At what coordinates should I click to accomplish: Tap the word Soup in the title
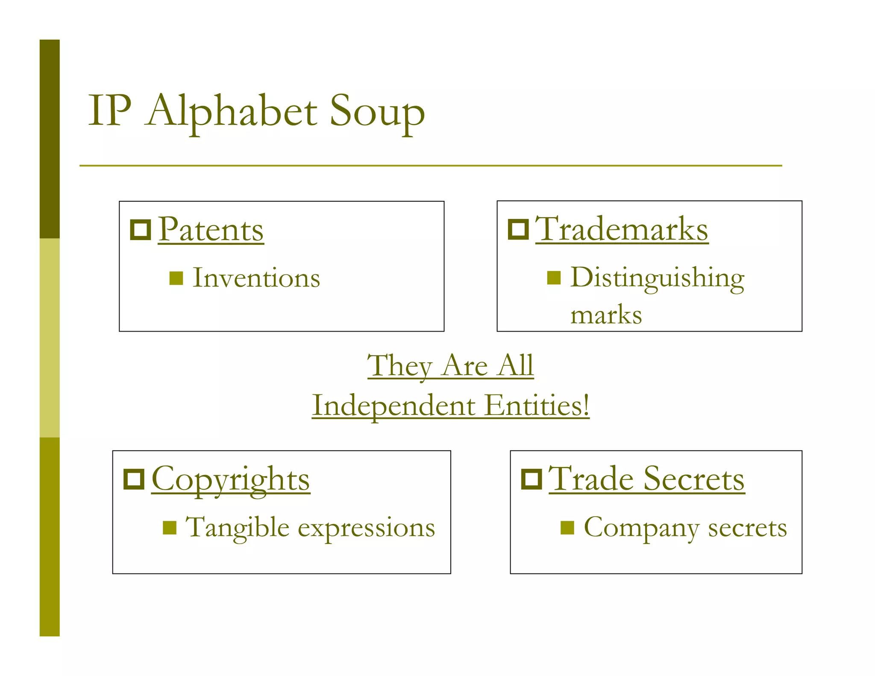(x=377, y=112)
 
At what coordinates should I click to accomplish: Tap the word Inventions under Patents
(x=256, y=278)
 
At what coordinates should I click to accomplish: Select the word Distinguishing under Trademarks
(x=658, y=278)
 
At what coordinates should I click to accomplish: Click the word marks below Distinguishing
(x=606, y=315)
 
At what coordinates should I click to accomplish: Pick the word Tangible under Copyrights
(x=238, y=528)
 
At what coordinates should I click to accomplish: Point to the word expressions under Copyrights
(x=366, y=528)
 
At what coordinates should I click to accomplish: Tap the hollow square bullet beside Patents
(x=141, y=230)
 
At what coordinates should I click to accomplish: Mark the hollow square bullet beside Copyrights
(x=134, y=479)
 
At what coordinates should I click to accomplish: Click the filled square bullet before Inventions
(x=176, y=278)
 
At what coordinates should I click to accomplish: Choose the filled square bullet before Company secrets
(x=567, y=528)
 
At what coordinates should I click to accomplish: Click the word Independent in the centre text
(x=393, y=406)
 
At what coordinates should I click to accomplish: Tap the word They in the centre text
(x=400, y=366)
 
